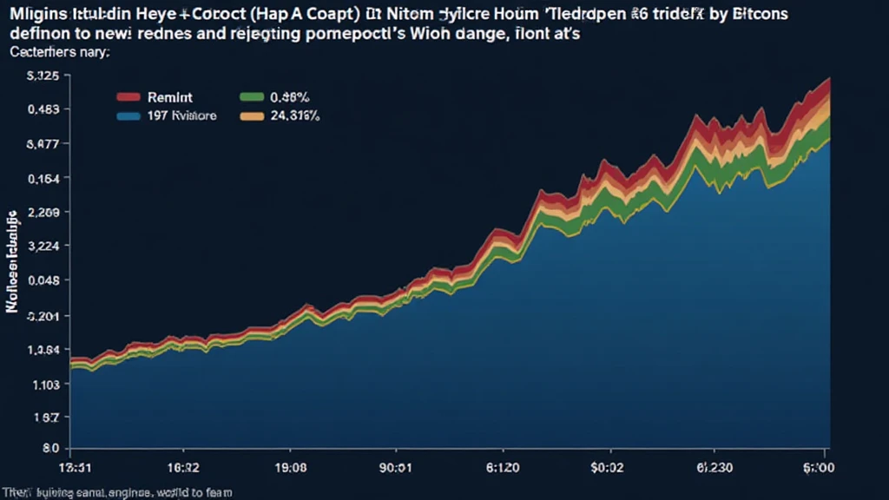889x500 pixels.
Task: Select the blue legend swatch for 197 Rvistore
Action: pos(128,115)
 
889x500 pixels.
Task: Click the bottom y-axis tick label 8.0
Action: pos(49,450)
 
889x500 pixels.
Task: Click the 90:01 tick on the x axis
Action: pos(390,467)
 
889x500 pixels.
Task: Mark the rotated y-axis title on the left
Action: pos(13,260)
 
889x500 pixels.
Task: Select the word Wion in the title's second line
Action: pos(421,35)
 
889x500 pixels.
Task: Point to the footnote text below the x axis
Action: pos(122,492)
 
